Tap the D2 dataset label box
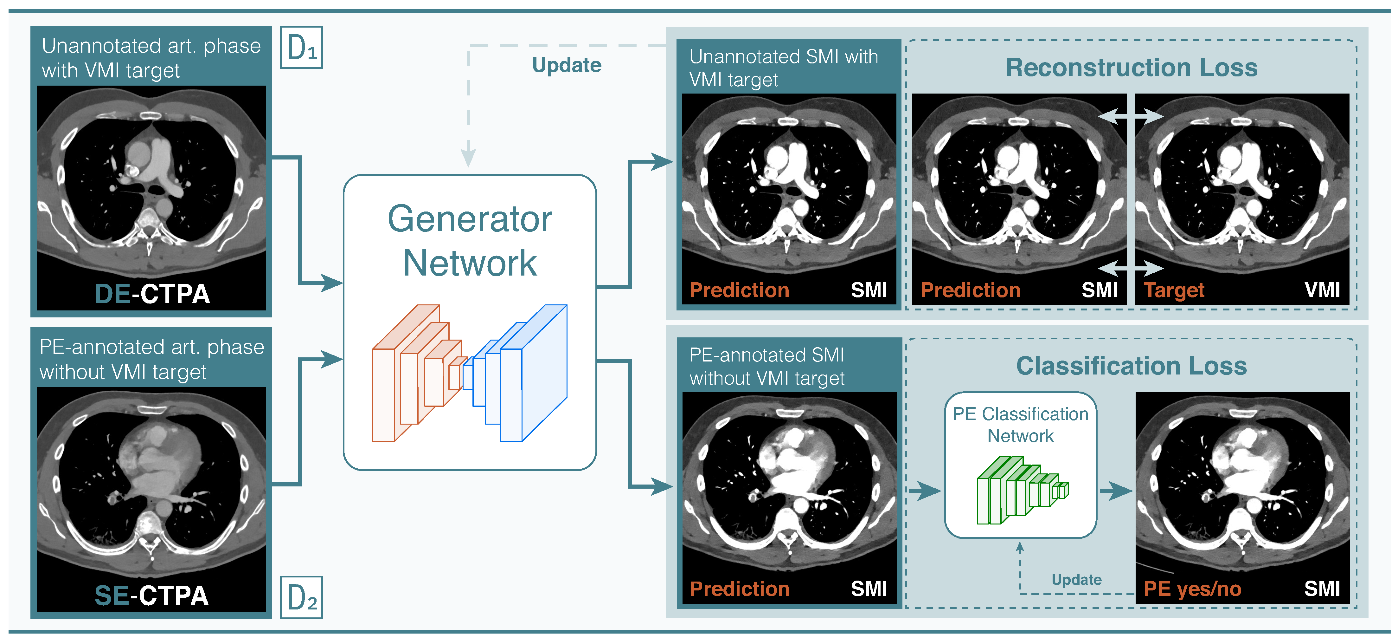click(x=301, y=597)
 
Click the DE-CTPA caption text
click(x=152, y=294)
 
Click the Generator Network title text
click(x=470, y=241)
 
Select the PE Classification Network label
click(x=1020, y=425)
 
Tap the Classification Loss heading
click(x=1132, y=366)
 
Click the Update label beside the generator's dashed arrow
click(x=567, y=65)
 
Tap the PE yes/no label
click(x=1192, y=589)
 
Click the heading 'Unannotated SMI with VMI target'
click(x=783, y=68)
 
